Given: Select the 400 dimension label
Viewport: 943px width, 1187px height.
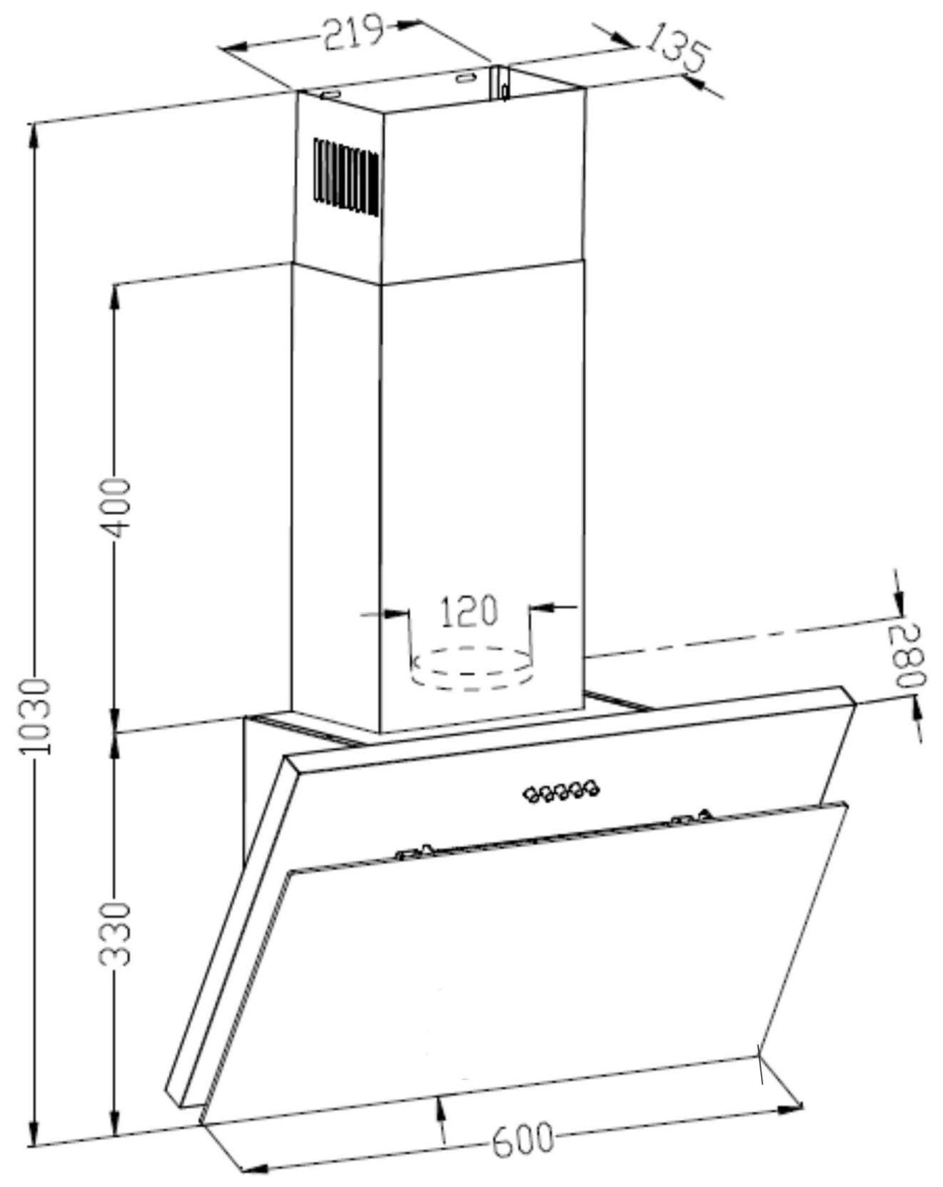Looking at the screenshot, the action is pyautogui.click(x=115, y=508).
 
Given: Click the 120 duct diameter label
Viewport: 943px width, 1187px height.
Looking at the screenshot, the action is pyautogui.click(x=468, y=611).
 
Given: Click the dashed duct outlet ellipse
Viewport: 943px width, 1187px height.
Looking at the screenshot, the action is pyautogui.click(x=472, y=668).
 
